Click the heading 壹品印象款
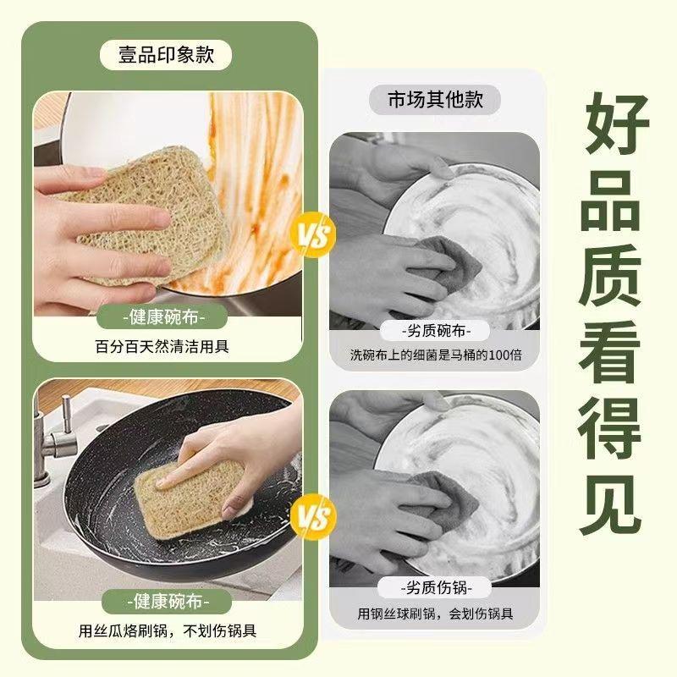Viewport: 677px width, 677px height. [x=166, y=55]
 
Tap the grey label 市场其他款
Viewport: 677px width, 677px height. [x=435, y=99]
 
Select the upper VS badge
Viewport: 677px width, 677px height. [x=313, y=235]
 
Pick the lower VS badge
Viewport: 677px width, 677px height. [x=313, y=516]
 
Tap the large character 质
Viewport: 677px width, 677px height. [x=612, y=275]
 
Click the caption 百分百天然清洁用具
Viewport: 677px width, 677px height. [x=162, y=346]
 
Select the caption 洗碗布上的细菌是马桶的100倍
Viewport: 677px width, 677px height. [x=436, y=355]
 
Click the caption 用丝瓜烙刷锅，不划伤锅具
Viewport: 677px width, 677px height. [x=168, y=630]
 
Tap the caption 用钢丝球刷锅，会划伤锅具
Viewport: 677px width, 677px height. [x=435, y=614]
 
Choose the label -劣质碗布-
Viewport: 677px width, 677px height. [x=435, y=331]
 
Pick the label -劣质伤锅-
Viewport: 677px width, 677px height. [x=435, y=587]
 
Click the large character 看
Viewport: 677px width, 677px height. [x=612, y=350]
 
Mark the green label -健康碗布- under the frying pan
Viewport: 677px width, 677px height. [x=168, y=601]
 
